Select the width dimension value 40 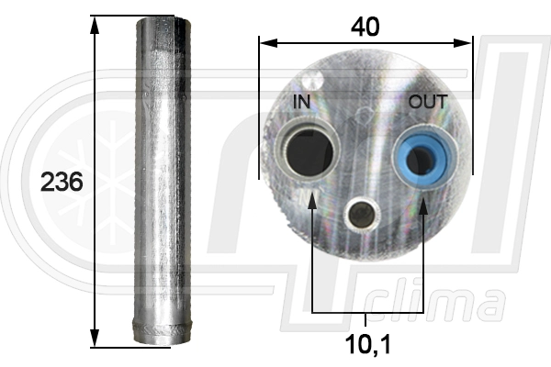tap(365, 27)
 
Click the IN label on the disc tap(302, 102)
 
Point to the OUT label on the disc tap(429, 102)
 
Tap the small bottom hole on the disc tap(362, 214)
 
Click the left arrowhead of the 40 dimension tap(265, 40)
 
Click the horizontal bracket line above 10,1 tap(366, 315)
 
